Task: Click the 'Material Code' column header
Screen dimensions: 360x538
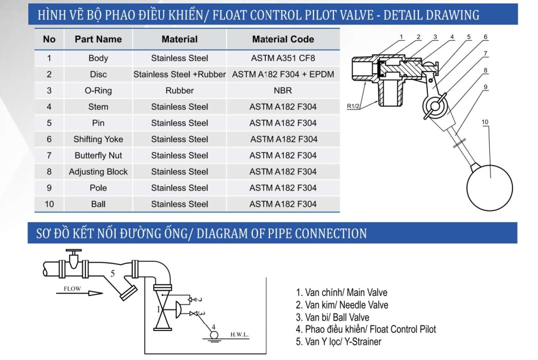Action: click(x=283, y=39)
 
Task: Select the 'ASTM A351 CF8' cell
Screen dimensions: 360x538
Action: click(x=283, y=58)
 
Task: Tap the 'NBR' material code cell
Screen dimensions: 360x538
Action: click(x=283, y=90)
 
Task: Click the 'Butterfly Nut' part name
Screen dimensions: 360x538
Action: click(x=98, y=155)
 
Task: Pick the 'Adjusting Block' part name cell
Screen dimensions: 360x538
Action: click(x=98, y=172)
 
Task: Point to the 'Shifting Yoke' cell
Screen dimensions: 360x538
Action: click(x=98, y=139)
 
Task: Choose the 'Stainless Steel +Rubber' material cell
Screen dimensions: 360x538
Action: click(x=179, y=74)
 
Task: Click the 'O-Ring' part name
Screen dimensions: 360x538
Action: click(x=98, y=90)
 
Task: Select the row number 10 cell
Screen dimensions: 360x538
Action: click(x=49, y=204)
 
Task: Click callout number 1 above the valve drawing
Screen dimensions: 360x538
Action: click(x=401, y=37)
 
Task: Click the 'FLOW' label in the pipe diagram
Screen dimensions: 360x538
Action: click(x=72, y=289)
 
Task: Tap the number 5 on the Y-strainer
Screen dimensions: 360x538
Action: click(x=113, y=273)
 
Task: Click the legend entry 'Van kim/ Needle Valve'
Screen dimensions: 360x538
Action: click(x=342, y=305)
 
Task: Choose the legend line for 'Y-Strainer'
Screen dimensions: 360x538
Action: click(x=338, y=341)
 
